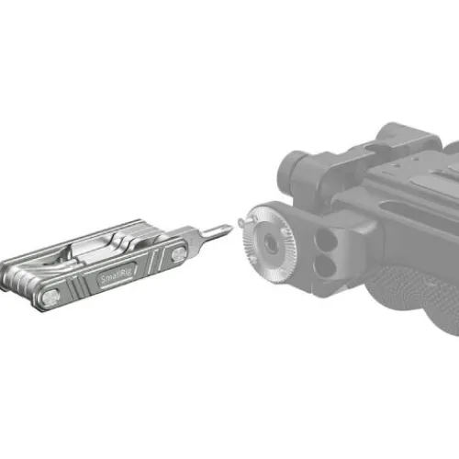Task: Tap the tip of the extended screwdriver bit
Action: (x=232, y=227)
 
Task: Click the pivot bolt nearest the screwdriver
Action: (x=178, y=253)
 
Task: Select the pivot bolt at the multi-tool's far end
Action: (x=50, y=297)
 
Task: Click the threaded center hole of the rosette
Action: (x=270, y=240)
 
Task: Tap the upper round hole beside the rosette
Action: (x=325, y=239)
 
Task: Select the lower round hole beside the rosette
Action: (x=325, y=265)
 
